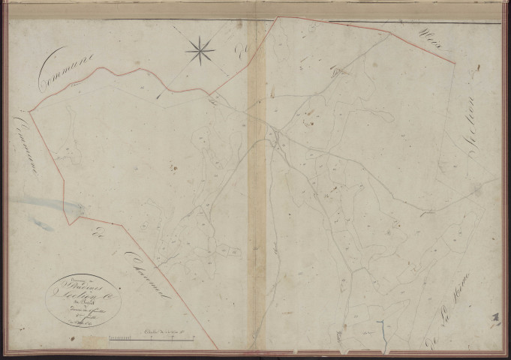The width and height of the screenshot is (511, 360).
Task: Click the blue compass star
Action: coord(200,51)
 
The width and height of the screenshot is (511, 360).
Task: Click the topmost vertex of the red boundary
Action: coord(278,16)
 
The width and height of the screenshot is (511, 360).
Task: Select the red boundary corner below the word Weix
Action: coord(455,61)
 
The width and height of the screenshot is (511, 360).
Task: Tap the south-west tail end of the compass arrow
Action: coord(159,97)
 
